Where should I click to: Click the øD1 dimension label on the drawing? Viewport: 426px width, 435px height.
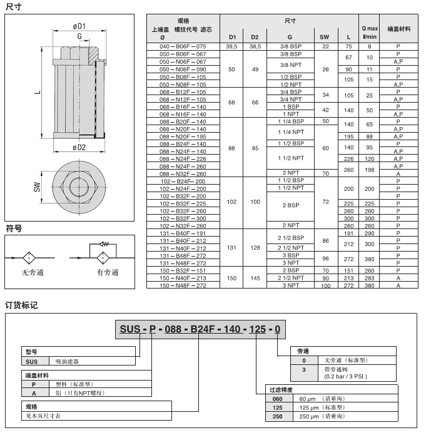[79, 26]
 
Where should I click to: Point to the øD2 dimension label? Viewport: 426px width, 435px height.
[79, 147]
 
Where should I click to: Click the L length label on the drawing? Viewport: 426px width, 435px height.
[37, 93]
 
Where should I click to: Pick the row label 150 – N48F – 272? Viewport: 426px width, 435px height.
[183, 285]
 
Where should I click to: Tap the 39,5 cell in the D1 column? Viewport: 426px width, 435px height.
[231, 46]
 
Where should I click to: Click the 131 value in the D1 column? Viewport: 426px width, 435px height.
[231, 248]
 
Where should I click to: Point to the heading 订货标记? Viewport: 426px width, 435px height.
[21, 305]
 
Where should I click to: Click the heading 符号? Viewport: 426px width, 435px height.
[14, 228]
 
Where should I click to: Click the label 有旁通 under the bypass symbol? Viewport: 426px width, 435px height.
[108, 272]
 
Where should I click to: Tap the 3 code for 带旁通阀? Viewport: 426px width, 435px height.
[304, 370]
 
